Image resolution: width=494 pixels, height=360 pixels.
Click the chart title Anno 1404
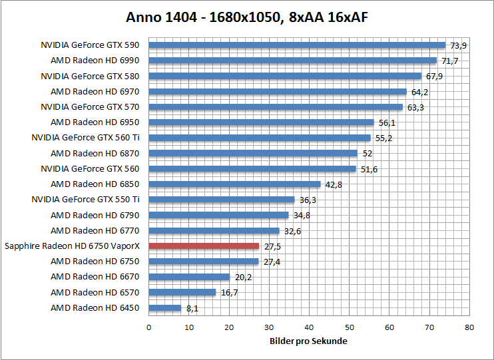coord(247,18)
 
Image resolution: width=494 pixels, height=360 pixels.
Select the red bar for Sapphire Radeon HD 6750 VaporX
coord(204,246)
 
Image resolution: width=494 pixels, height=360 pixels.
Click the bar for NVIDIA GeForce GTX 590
coord(297,45)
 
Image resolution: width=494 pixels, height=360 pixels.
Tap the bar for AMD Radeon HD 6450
coord(165,307)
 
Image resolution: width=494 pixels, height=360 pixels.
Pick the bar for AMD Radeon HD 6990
coord(292,61)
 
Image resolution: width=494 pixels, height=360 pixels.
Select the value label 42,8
coord(334,184)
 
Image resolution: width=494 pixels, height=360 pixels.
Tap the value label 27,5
coord(272,246)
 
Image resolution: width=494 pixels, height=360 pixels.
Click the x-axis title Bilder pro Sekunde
coord(308,341)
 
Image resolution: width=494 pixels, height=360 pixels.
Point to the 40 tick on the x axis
coord(310,327)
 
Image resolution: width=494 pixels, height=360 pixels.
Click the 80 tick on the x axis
coord(470,327)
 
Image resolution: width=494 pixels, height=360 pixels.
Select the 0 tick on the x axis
coord(148,327)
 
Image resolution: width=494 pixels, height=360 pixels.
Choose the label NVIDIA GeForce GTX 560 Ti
coord(85,138)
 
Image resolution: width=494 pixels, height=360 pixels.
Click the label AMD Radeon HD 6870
coord(95,153)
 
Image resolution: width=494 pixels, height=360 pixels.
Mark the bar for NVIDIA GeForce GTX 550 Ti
coord(222,200)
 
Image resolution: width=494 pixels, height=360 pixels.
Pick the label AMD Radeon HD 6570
coord(95,292)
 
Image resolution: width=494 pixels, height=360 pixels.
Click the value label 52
coord(367,154)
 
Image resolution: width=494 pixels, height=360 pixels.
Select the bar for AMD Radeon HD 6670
coord(189,277)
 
